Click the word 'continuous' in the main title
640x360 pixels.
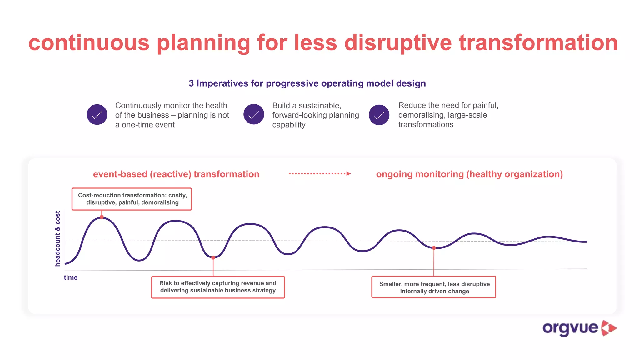pos(89,43)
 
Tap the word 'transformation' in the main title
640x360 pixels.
pos(538,43)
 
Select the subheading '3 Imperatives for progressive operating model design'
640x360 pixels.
pos(307,83)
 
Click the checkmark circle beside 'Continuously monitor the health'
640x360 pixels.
pos(97,115)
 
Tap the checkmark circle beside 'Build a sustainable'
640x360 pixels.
pos(254,114)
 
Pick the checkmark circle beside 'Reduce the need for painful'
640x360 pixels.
pos(379,115)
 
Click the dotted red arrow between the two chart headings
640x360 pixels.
pos(320,173)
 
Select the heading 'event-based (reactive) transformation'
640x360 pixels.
pos(176,174)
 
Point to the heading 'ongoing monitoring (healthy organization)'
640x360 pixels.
pos(469,174)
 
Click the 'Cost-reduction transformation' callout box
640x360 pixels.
pos(132,199)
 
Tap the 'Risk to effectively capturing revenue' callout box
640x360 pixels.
pos(218,287)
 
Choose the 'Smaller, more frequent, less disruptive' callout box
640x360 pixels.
pos(434,287)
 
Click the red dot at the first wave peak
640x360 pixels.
pos(102,217)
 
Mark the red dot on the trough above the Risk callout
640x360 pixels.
pos(213,258)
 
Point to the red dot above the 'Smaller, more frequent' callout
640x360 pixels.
pos(434,248)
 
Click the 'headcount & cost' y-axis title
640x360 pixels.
pos(57,239)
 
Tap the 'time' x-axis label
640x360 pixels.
pos(71,277)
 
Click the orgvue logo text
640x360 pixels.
pos(570,328)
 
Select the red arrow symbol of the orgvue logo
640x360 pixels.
pos(609,328)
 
